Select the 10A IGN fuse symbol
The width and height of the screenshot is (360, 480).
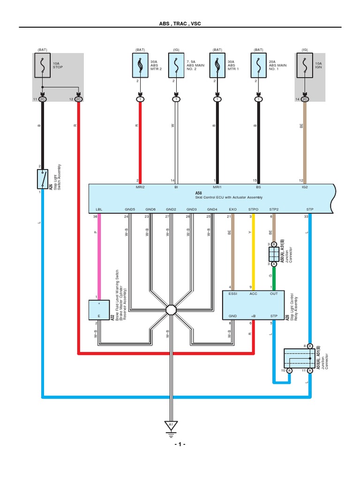(305, 67)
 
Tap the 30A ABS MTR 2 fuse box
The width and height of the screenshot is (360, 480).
(140, 67)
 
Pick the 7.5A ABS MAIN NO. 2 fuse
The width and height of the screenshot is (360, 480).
(175, 67)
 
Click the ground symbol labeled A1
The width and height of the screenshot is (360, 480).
(171, 426)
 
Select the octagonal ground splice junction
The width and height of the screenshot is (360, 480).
(171, 310)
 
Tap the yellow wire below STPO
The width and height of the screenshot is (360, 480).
(253, 253)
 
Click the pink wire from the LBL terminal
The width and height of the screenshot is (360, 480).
(98, 253)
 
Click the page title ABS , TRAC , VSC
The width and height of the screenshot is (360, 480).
(180, 23)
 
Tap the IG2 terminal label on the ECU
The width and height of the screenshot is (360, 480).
(305, 187)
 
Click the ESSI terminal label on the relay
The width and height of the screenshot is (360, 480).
(233, 294)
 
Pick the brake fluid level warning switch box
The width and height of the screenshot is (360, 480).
(98, 310)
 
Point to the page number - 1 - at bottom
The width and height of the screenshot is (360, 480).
(180, 444)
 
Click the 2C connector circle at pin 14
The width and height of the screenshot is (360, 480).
(305, 100)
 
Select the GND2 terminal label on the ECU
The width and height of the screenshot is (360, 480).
(171, 209)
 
